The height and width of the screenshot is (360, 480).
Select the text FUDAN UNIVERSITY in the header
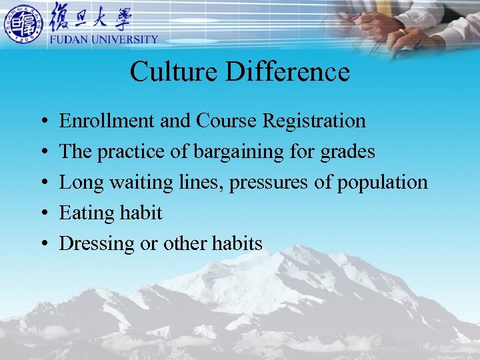[103, 39]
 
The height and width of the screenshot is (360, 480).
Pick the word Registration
[314, 121]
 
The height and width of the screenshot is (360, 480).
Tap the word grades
[347, 152]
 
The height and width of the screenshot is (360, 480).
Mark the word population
[383, 182]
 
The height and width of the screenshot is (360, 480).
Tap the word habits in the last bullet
[237, 243]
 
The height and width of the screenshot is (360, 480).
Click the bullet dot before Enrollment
[43, 122]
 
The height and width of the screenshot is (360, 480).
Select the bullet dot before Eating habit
[43, 214]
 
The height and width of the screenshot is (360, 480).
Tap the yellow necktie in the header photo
[385, 8]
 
